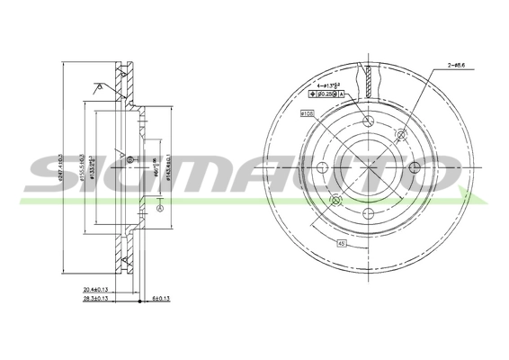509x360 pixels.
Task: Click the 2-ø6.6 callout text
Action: point(458,66)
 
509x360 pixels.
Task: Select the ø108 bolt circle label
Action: point(307,114)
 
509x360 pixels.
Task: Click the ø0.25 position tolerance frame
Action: point(330,94)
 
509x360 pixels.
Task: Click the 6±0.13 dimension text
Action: point(163,301)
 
